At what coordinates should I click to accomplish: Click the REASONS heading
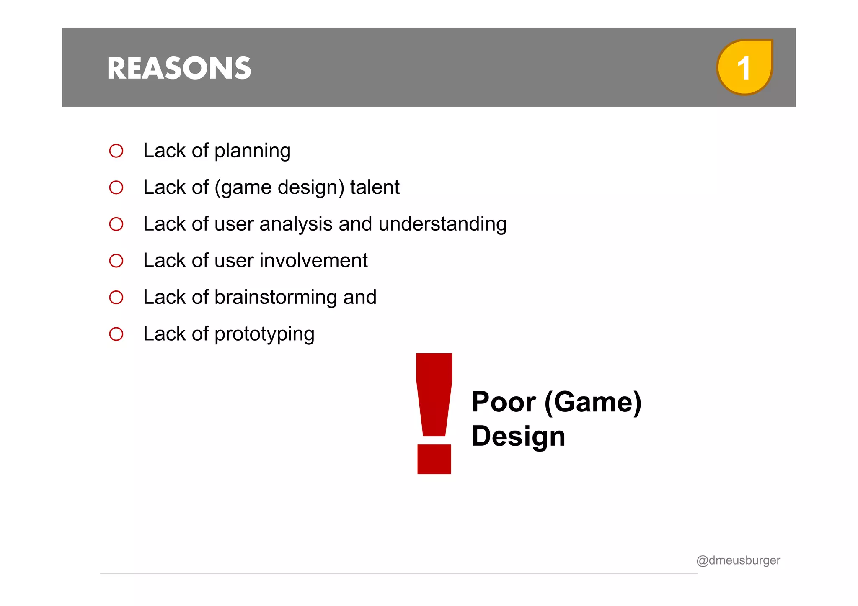pos(179,68)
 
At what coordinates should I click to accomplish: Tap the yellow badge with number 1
pos(744,67)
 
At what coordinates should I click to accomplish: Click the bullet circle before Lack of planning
pos(116,151)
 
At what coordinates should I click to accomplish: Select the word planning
pos(252,151)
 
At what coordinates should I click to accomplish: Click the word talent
pos(375,187)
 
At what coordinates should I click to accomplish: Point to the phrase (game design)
pos(279,187)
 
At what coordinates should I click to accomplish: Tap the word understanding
pos(442,224)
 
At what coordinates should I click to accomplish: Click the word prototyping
pos(264,334)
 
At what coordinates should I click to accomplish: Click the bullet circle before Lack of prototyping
pos(116,334)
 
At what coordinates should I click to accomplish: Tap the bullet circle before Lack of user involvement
pos(116,261)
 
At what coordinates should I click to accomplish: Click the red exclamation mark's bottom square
pos(434,459)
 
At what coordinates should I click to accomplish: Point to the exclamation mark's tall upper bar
pos(434,393)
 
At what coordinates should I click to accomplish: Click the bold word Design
pos(518,436)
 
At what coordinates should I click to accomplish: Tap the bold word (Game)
pos(592,403)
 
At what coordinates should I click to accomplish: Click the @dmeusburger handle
pos(738,560)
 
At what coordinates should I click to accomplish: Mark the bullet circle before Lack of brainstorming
pos(116,298)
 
